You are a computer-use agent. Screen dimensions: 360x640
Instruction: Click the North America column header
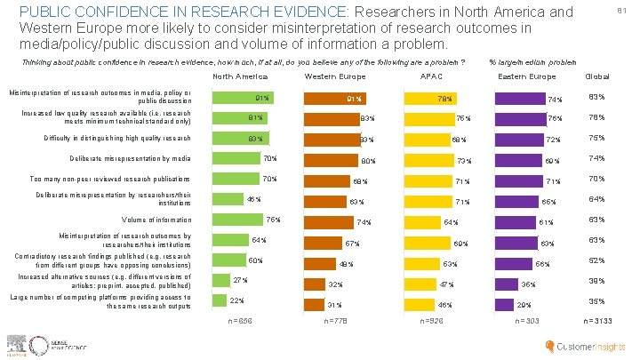(241, 76)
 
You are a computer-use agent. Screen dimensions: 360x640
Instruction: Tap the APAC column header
(431, 76)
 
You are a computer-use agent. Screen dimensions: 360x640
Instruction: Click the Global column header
(595, 76)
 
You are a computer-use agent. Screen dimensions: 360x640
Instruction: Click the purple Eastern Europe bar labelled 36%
(506, 283)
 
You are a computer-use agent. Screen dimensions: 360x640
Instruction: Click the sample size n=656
(241, 320)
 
